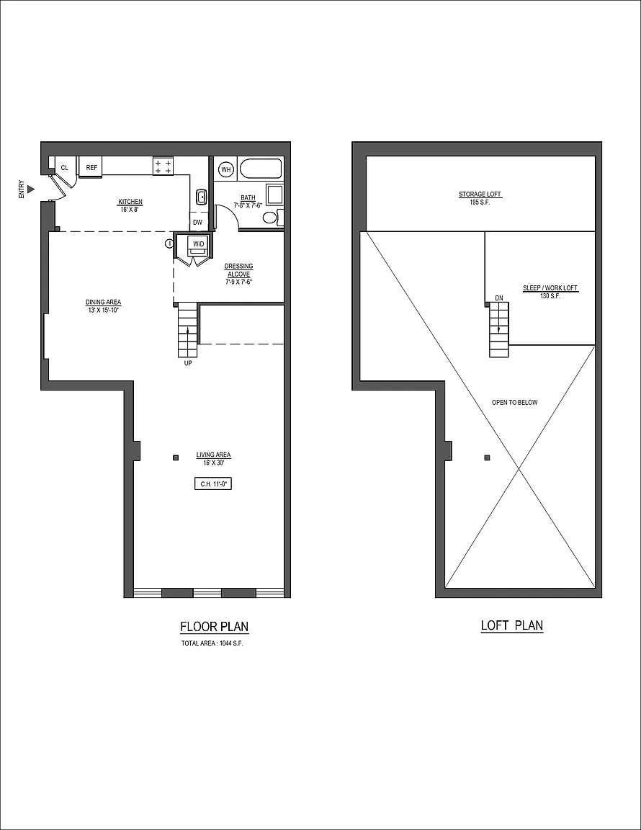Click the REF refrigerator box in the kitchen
(91, 167)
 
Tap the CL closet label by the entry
(65, 168)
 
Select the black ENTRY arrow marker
(32, 189)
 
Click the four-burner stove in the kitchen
(163, 166)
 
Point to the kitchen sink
(202, 197)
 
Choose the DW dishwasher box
(197, 223)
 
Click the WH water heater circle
(227, 169)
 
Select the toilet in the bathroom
(271, 218)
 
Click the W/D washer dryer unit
(198, 244)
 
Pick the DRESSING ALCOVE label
(238, 270)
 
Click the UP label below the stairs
(188, 363)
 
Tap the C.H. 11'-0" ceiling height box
(214, 484)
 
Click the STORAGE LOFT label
(480, 195)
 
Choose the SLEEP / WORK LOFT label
(550, 288)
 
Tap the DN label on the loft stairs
(499, 298)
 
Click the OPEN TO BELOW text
(514, 402)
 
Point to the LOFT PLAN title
(512, 625)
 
